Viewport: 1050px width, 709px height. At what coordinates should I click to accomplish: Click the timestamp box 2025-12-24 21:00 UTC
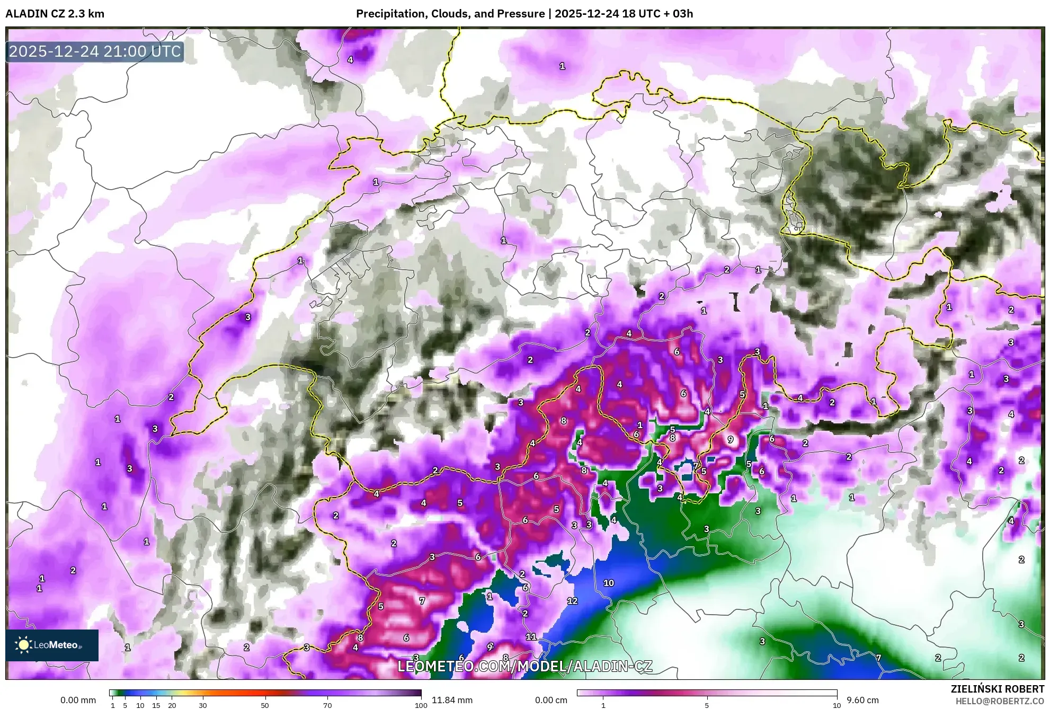[95, 51]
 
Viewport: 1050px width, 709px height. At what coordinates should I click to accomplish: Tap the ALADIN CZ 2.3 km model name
[55, 14]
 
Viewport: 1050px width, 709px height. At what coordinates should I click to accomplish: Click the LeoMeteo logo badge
[52, 645]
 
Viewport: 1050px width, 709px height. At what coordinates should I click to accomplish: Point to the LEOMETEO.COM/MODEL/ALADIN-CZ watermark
[524, 666]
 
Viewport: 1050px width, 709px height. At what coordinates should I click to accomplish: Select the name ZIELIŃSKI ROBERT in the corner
[997, 689]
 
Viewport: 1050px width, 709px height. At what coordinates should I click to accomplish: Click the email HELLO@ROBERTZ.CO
[1000, 701]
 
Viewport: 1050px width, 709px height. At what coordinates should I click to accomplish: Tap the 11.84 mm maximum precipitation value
[452, 700]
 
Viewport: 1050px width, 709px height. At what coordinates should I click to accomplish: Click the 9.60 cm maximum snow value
[862, 700]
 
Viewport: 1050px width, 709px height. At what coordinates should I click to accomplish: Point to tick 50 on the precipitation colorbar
[265, 705]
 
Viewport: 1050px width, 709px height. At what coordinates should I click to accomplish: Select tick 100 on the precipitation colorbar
[421, 705]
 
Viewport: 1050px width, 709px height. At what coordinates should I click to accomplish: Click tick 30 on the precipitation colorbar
[203, 705]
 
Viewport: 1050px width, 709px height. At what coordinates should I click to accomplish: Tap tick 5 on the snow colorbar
[707, 705]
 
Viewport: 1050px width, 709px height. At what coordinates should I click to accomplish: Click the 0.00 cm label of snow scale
[551, 700]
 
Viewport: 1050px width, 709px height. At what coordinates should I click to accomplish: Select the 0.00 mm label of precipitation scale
[78, 700]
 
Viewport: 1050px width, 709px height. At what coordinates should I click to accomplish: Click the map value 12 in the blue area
[572, 601]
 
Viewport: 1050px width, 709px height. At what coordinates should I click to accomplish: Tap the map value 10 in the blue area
[609, 583]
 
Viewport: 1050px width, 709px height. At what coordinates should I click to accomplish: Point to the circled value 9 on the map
[731, 439]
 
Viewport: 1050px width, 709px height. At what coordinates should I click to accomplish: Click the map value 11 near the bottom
[531, 637]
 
